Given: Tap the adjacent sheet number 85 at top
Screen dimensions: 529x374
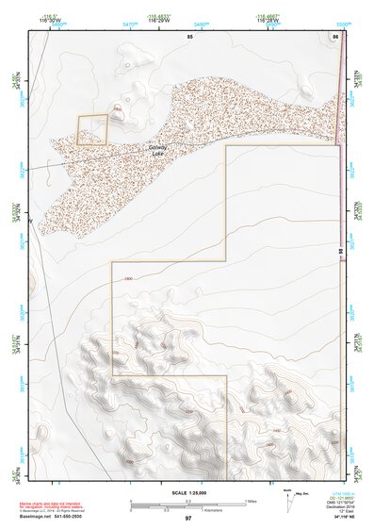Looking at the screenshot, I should pos(189,36).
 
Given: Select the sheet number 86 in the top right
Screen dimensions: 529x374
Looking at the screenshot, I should pos(334,36).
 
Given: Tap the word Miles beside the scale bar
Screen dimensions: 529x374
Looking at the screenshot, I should pos(251,501).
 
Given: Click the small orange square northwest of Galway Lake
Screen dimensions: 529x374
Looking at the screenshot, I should pos(92,129).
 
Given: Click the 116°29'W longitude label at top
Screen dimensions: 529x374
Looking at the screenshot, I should pos(157,18).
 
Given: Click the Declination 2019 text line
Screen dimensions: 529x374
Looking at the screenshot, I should pos(341,505).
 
